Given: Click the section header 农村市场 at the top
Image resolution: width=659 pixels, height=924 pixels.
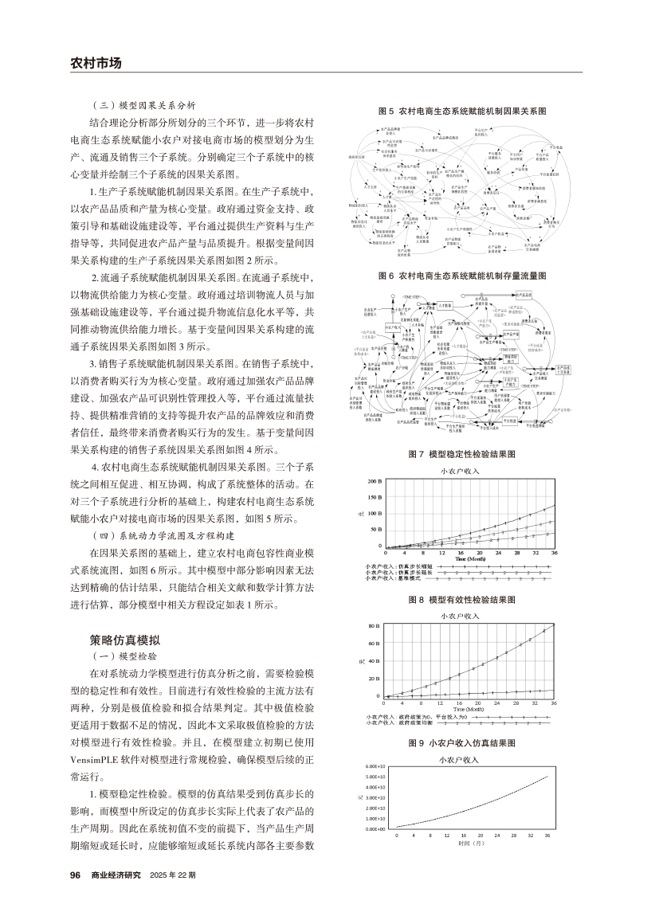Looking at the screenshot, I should [x=96, y=63].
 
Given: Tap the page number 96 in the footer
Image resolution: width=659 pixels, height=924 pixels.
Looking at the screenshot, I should [x=76, y=875].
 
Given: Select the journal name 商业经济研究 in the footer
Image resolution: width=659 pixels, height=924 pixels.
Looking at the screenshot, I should [x=116, y=875].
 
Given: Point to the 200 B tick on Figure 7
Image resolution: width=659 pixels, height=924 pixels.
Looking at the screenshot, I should [x=375, y=482].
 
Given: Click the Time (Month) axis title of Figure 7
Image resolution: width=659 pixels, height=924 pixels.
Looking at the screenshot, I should [x=465, y=559].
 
